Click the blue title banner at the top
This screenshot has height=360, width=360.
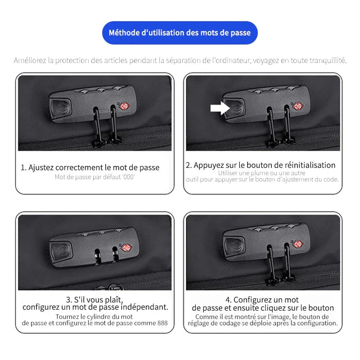(x=180, y=33)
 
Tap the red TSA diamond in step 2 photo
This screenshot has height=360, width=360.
(x=297, y=106)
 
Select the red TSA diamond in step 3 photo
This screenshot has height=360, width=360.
(x=127, y=248)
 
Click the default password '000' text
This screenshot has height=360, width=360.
(x=128, y=177)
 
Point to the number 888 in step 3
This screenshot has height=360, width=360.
(x=162, y=323)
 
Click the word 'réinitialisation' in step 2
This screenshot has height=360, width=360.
(x=307, y=165)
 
